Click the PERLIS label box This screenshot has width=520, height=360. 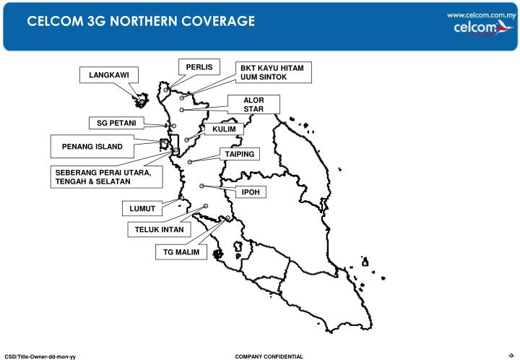[x=199, y=67]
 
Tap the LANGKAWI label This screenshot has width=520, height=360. [x=108, y=75]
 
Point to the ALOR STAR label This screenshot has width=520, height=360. [x=253, y=104]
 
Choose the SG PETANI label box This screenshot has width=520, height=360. [x=116, y=122]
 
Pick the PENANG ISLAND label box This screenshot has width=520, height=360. [x=92, y=147]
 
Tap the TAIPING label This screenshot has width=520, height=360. [x=239, y=154]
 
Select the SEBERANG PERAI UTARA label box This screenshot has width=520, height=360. [x=103, y=176]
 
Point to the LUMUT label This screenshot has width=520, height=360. [x=142, y=209]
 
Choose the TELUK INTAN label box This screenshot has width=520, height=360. [x=160, y=230]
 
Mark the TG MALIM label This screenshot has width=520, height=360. [x=181, y=252]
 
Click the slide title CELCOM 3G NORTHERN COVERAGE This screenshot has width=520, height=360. [x=142, y=22]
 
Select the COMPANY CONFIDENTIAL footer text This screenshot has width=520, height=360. [x=269, y=356]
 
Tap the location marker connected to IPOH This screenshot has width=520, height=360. [x=202, y=186]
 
